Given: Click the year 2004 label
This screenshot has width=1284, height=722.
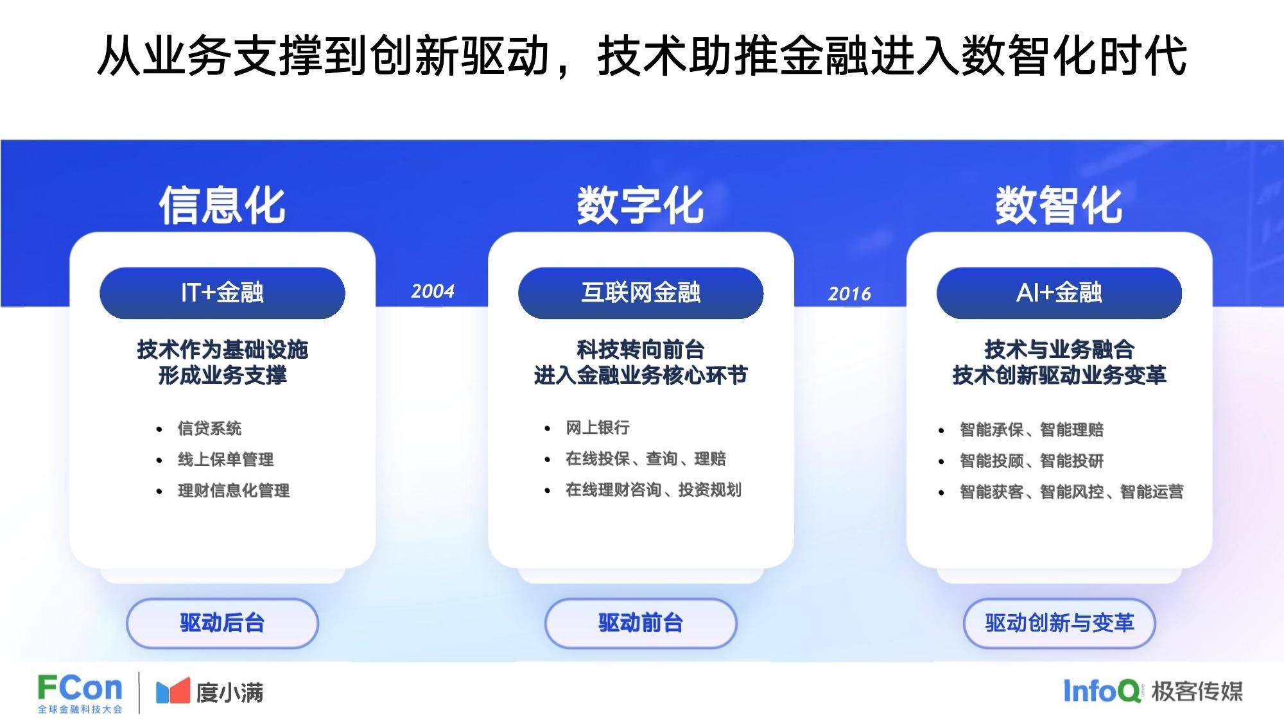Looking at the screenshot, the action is pos(433,291).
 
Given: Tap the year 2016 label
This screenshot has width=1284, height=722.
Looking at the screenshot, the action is pos(849,294).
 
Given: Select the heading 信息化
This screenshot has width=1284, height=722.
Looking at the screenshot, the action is pos(222,205).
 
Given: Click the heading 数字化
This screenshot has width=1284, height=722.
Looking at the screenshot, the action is pos(641,205).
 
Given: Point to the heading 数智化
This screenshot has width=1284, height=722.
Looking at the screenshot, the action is pos(1059,205).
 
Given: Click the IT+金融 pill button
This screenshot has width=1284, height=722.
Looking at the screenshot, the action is pos(222,293).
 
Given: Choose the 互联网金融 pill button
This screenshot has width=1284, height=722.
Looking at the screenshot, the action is pos(641,293).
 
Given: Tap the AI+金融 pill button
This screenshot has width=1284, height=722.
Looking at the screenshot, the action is pos(1059,293).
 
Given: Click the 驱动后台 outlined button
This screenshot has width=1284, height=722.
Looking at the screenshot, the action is pos(222,623).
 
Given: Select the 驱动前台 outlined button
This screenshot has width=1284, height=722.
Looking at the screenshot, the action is pos(641,623).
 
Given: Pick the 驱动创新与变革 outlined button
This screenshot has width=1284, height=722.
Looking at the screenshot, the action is pos(1059,623).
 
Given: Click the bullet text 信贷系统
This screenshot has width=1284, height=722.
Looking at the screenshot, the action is pos(209,428).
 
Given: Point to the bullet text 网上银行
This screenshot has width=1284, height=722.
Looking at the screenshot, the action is pos(598,427).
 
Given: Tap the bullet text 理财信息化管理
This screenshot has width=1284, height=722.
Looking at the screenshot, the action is pos(234,491).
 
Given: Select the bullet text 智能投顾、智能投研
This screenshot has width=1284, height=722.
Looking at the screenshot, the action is pos(1032,461).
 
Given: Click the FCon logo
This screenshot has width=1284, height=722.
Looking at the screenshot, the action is pos(80,693).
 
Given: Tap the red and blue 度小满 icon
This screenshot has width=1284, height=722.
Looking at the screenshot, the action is pos(173,691).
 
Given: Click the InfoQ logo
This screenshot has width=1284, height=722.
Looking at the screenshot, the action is pos(1102,691).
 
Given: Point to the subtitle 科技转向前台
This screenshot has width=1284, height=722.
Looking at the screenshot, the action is pos(641,350).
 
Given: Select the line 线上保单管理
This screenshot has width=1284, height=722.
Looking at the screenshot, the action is pos(225,460).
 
